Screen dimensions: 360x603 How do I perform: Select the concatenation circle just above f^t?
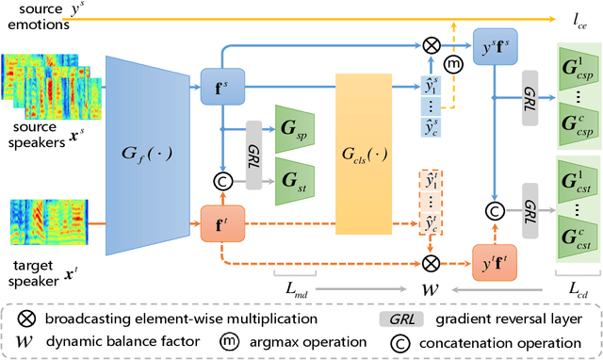tap(220, 180)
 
